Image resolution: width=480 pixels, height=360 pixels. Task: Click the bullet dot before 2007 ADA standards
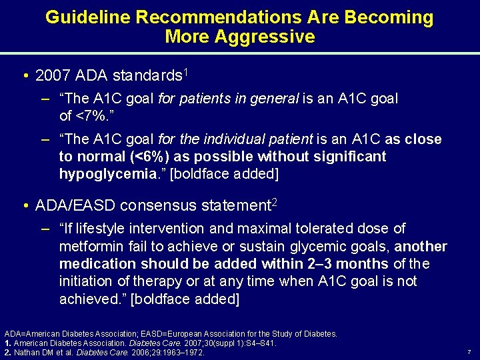(x=24, y=75)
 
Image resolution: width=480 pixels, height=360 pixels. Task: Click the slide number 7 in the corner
(x=469, y=351)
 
